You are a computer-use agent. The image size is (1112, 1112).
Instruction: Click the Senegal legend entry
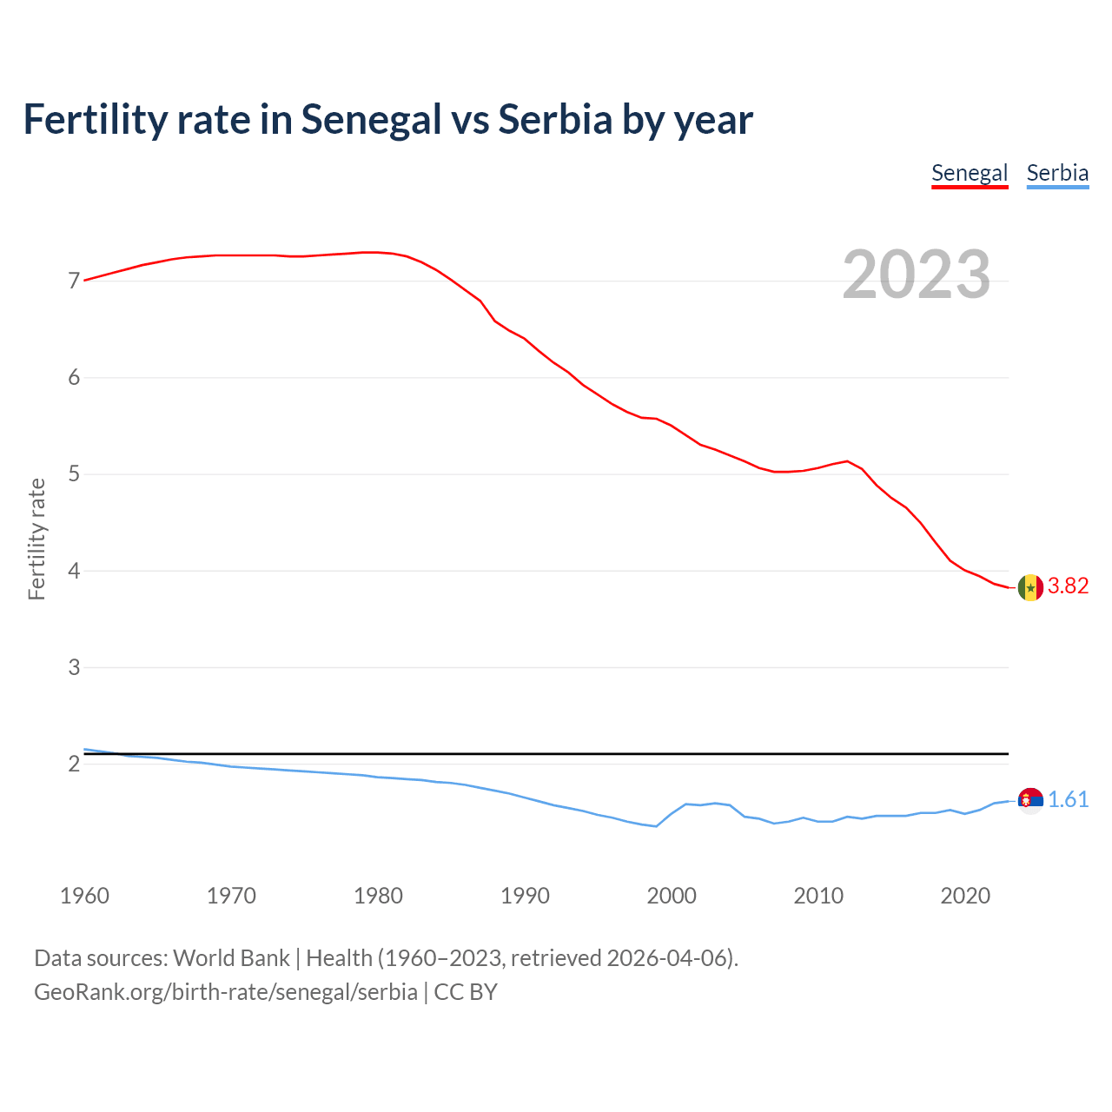[x=969, y=173]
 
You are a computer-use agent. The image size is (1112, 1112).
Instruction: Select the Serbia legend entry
[x=1057, y=173]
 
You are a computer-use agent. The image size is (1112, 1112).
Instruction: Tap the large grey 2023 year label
[x=916, y=275]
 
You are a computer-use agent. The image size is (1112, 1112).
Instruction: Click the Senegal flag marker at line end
[x=1030, y=587]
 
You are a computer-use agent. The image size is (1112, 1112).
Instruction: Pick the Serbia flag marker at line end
[x=1030, y=800]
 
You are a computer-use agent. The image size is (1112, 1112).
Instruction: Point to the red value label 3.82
[x=1068, y=586]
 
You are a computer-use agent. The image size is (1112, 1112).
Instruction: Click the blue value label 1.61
[x=1068, y=800]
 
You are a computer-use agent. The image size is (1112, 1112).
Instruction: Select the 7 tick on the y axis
[x=74, y=281]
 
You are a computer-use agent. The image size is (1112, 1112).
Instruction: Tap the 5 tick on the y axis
[x=74, y=474]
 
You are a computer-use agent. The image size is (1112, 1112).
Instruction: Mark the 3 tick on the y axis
[x=74, y=668]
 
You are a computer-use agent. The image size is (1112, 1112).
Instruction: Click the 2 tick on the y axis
[x=74, y=764]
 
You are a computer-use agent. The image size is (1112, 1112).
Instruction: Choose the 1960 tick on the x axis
[x=84, y=896]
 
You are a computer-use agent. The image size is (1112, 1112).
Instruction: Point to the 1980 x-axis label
[x=378, y=896]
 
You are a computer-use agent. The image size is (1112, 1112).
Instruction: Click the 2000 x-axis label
[x=672, y=896]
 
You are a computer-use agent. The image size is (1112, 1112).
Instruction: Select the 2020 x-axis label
[x=965, y=896]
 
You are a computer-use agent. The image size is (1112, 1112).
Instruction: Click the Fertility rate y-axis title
[x=36, y=539]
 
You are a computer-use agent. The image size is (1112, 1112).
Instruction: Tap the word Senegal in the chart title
[x=371, y=119]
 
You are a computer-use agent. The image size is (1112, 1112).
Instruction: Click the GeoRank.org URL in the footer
[x=226, y=992]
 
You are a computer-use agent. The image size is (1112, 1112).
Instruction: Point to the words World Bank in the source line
[x=231, y=958]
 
